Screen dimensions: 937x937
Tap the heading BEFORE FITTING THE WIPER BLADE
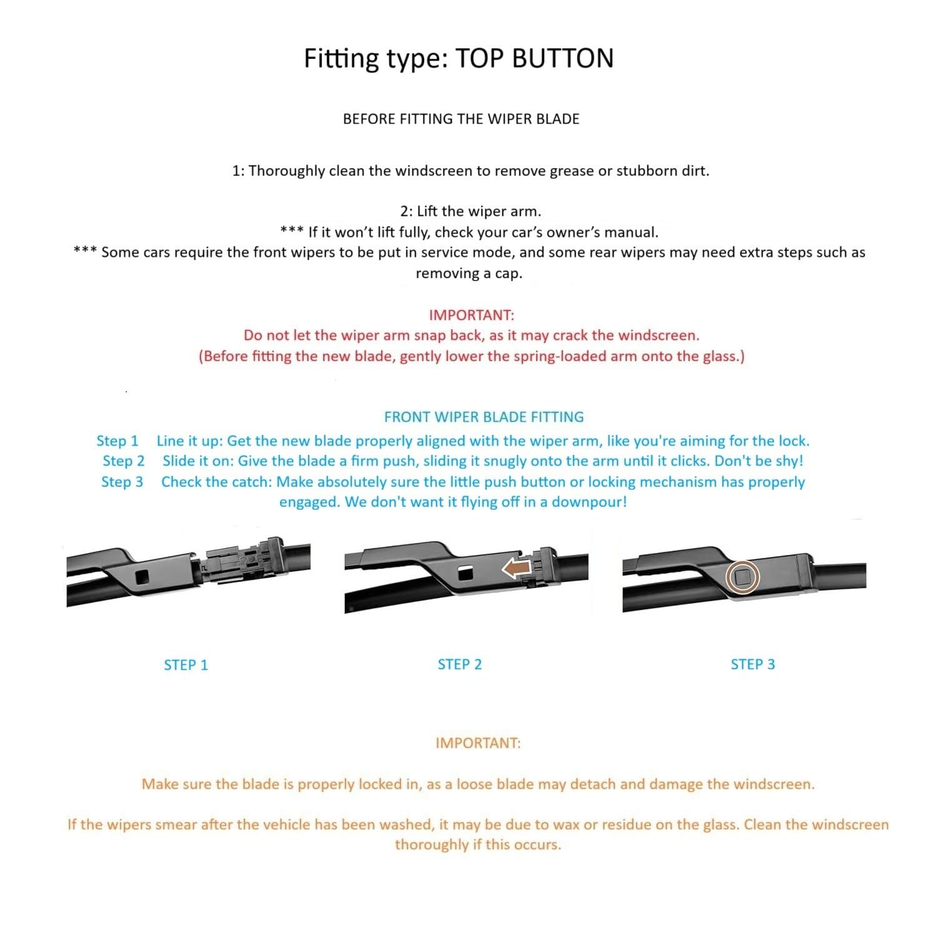[461, 119]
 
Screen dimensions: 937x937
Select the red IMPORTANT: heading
[471, 315]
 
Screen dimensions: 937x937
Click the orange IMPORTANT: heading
[478, 743]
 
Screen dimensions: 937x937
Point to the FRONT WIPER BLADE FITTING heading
[483, 417]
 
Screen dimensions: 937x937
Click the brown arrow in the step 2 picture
[517, 568]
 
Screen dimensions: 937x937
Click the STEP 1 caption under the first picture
[186, 665]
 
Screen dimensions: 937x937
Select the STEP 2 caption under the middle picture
[460, 664]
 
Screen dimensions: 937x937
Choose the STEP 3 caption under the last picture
[753, 664]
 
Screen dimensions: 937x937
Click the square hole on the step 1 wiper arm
[142, 576]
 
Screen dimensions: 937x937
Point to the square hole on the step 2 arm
[465, 572]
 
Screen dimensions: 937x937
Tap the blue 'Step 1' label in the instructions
[117, 441]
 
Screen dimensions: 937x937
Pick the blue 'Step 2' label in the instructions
[124, 461]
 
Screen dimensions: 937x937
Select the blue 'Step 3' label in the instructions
[122, 482]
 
